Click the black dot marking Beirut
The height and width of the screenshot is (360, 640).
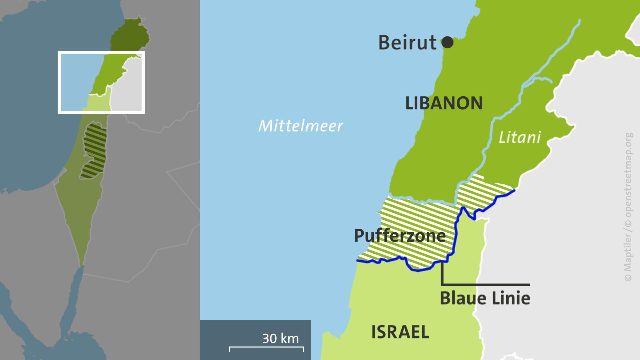[447, 42]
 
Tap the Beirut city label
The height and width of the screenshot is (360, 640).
[407, 43]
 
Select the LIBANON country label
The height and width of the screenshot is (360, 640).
[444, 103]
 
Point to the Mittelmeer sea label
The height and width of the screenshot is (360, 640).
[300, 126]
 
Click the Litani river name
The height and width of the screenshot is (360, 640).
[519, 137]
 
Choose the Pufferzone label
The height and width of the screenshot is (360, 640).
[400, 236]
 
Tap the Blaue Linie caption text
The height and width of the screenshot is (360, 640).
[485, 298]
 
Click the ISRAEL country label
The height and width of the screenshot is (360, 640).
[400, 332]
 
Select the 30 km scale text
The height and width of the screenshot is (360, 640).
[280, 338]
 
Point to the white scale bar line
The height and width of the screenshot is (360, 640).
[266, 347]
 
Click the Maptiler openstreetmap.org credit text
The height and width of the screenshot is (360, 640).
[628, 207]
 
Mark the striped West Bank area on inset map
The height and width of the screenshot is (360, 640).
[94, 150]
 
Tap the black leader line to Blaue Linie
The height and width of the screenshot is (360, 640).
[485, 285]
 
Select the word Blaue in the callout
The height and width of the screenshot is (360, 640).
[461, 298]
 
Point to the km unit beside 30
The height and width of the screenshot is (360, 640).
[289, 338]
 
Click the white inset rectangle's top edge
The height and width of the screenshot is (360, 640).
[101, 52]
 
